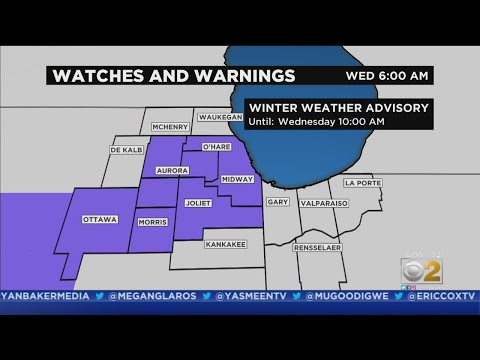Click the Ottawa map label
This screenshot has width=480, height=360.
[101, 219]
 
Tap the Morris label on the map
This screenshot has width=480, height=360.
[153, 222]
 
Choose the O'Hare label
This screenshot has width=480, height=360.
[217, 148]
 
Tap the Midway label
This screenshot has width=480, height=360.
[237, 179]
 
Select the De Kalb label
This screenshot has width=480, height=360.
[122, 150]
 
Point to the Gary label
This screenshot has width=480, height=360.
[277, 202]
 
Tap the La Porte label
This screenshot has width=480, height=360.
[357, 183]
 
